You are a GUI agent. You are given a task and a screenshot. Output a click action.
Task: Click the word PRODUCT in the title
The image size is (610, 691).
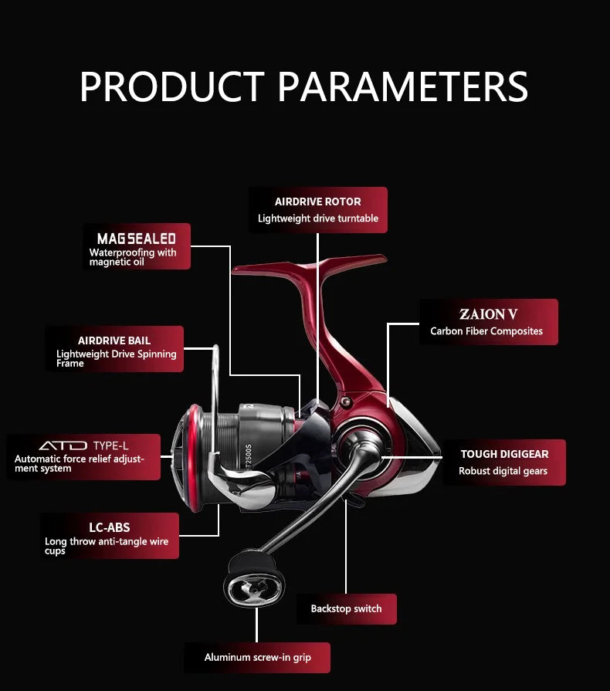tap(172, 86)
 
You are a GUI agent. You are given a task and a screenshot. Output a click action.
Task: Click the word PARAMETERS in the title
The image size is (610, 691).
tap(403, 86)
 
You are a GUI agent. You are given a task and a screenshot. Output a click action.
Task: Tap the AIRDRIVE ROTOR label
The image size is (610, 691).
tap(318, 202)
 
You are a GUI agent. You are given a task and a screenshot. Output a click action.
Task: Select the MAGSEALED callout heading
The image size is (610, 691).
tap(136, 239)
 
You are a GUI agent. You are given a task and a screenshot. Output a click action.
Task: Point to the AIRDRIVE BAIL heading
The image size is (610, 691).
tap(114, 340)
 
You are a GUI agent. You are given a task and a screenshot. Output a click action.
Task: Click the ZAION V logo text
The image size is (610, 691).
tap(488, 314)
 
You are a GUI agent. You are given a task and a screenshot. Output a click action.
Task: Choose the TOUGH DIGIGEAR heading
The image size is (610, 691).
tap(505, 454)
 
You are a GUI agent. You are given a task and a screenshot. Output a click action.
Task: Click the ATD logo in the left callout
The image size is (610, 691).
tap(63, 445)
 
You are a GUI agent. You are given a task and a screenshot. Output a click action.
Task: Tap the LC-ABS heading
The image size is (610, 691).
tap(110, 527)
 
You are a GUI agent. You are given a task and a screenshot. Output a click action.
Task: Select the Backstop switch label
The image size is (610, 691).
tap(346, 608)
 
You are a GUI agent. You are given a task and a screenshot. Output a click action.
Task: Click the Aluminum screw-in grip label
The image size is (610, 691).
tap(257, 658)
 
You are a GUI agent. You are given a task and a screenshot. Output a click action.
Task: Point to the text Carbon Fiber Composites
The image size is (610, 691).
tap(486, 331)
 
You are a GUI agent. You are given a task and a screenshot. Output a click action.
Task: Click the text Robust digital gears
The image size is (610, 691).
tap(503, 471)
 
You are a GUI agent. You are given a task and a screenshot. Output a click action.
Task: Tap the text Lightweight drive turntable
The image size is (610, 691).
tap(318, 218)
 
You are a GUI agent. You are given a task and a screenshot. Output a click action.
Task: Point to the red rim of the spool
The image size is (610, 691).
tap(192, 459)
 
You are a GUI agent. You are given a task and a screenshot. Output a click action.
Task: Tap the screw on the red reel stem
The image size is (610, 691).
tap(346, 401)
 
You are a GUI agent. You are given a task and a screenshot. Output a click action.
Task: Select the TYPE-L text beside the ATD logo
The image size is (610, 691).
tap(110, 445)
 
